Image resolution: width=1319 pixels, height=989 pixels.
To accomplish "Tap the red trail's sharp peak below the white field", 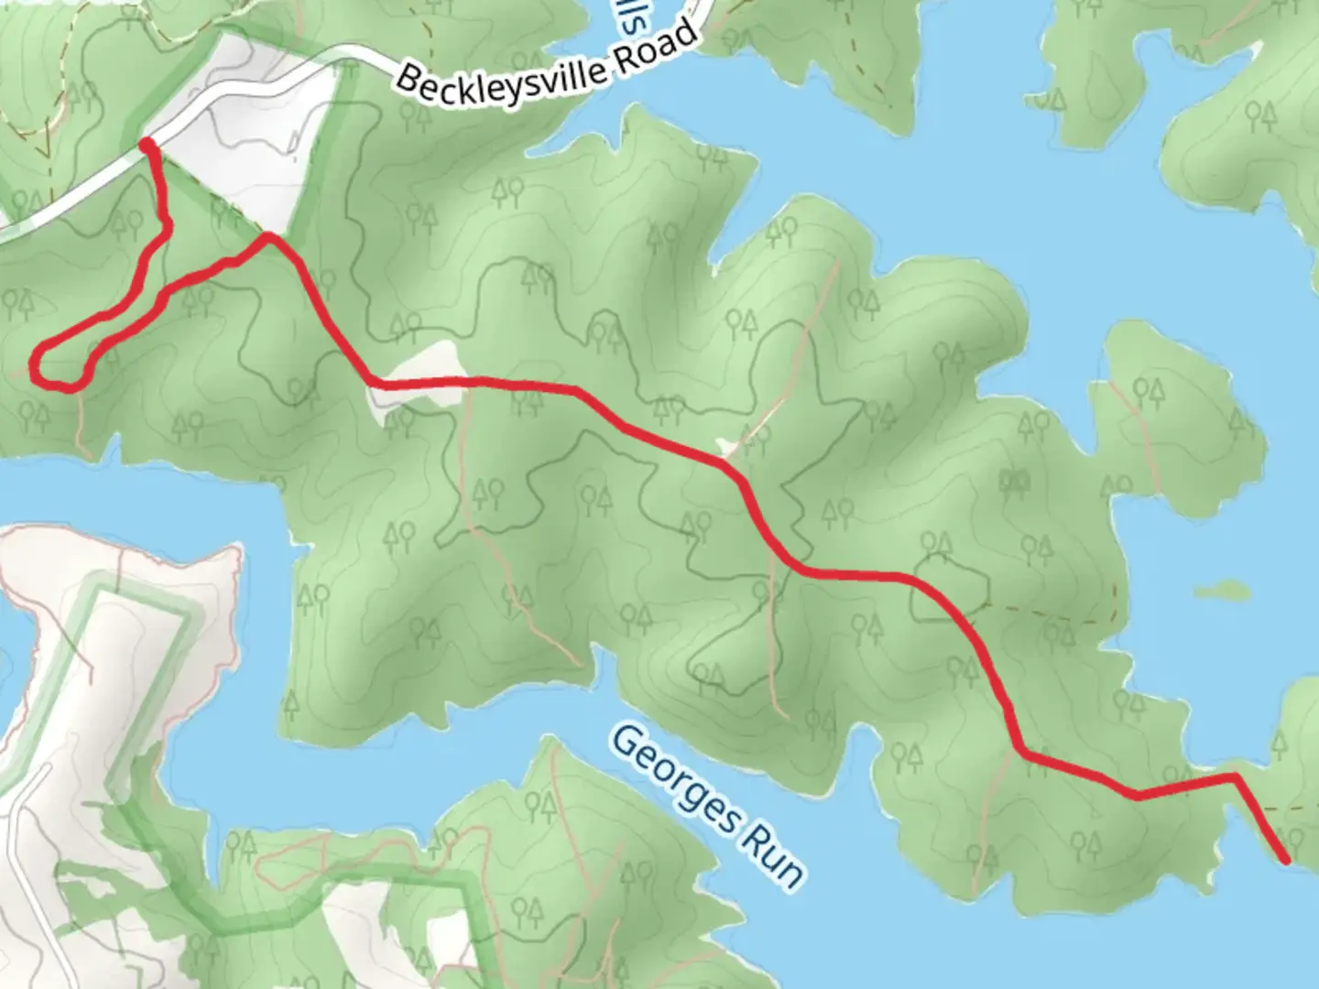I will point(269,237).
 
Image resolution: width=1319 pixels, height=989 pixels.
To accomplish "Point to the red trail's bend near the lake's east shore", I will point(1235,778).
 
